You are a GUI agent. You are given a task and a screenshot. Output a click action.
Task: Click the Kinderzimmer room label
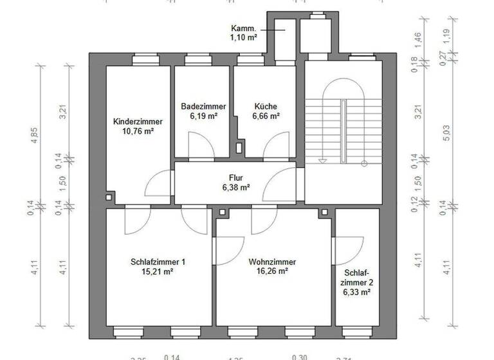coord(138,122)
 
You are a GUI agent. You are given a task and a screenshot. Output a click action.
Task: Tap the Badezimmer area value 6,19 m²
coord(203,116)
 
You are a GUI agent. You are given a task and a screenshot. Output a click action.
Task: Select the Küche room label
coord(266,107)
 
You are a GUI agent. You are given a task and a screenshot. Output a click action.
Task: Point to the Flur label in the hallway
coord(235,177)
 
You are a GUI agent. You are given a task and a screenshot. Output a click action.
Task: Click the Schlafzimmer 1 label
coord(158,262)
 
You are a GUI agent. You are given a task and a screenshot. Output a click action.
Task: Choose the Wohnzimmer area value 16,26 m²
coord(272,271)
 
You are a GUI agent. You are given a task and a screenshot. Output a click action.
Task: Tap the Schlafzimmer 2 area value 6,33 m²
coord(356,292)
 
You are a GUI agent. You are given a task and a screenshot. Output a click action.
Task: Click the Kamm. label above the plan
coord(244,29)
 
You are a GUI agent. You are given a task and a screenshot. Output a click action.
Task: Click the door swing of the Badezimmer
coord(201,143)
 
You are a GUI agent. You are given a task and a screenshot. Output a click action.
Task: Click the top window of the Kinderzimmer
coord(147,60)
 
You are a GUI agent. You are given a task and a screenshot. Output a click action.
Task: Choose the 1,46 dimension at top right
coord(417,37)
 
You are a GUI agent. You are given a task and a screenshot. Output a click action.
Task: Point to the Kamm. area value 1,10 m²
coord(244,38)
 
